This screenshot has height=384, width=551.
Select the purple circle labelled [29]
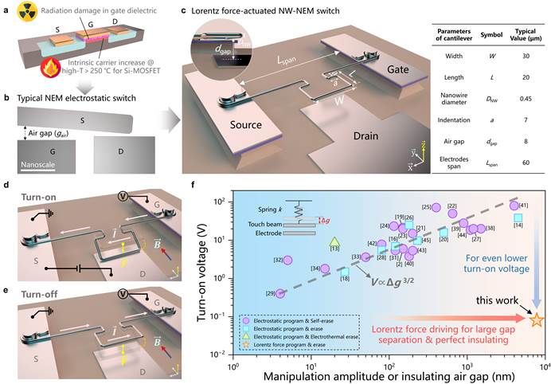pyautogui.click(x=280, y=293)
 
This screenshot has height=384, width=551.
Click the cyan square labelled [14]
pyautogui.click(x=518, y=217)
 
